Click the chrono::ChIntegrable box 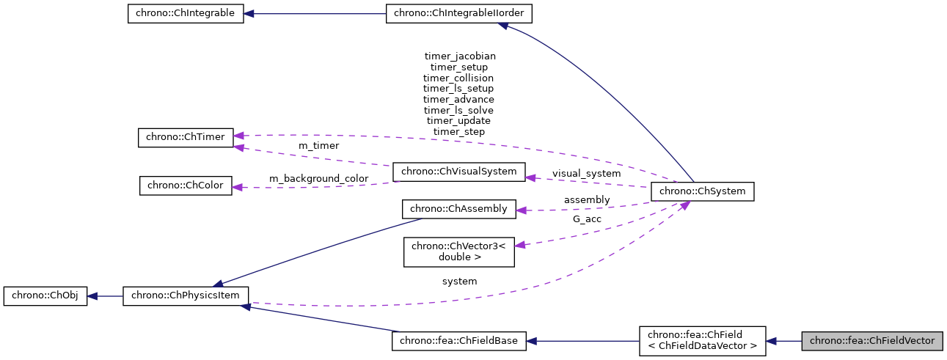click(185, 14)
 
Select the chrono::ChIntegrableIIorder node click(458, 14)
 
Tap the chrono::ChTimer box click(185, 137)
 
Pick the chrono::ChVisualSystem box click(459, 172)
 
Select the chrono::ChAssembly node click(459, 209)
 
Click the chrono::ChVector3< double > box click(459, 251)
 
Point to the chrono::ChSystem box click(702, 191)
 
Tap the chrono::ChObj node click(45, 296)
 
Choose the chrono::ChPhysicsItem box click(186, 296)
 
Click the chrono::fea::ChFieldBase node click(459, 341)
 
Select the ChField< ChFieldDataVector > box click(702, 341)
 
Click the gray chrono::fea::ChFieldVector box click(871, 341)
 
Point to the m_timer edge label click(318, 146)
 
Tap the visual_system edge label click(586, 174)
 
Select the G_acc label click(586, 218)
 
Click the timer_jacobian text click(459, 56)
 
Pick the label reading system click(459, 282)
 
